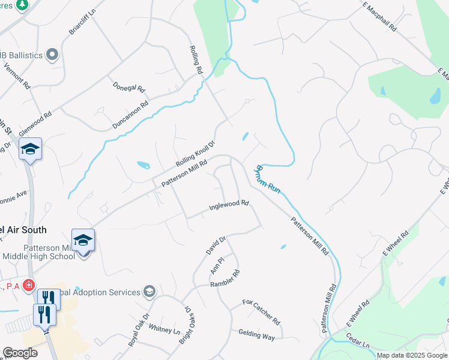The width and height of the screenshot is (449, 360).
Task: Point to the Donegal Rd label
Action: (129, 87)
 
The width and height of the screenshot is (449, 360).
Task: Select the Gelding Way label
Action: (256, 335)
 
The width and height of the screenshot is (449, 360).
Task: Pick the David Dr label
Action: (215, 246)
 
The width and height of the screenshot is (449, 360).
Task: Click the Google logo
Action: (20, 353)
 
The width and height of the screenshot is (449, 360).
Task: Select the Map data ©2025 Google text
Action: (412, 355)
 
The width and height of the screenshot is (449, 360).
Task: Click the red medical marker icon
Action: (28, 285)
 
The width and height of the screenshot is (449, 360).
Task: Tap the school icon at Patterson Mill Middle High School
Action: (83, 240)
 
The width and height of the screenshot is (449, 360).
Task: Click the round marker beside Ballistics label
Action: (52, 55)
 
